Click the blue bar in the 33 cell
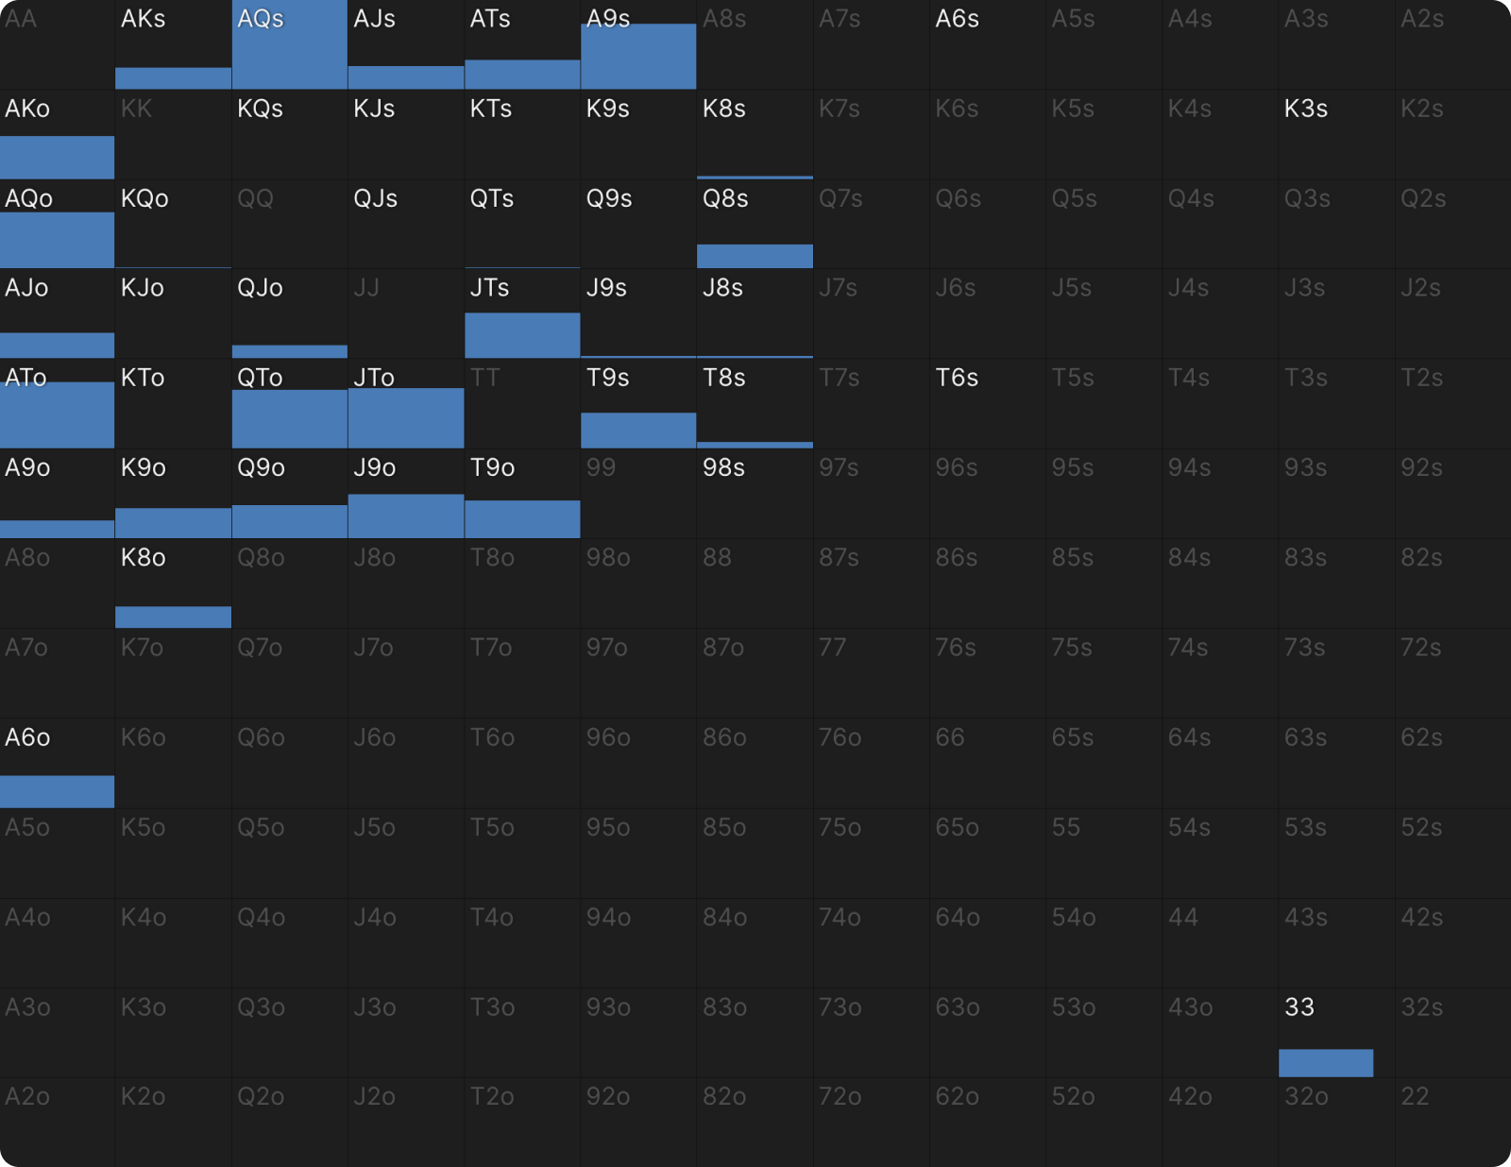[1325, 1063]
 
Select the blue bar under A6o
[57, 791]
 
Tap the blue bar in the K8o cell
[173, 617]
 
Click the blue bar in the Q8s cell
[755, 256]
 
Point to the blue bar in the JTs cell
[522, 335]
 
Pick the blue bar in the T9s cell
[638, 431]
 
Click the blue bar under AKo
[57, 157]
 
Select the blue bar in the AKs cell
[173, 77]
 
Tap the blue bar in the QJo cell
[289, 351]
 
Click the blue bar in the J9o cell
[406, 516]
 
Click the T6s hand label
[956, 378]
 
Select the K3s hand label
[1305, 109]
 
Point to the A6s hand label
[956, 19]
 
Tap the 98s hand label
[723, 467]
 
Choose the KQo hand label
[144, 199]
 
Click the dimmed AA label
[20, 19]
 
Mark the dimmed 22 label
[1415, 1096]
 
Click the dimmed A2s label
[1421, 19]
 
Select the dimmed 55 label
[1065, 827]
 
